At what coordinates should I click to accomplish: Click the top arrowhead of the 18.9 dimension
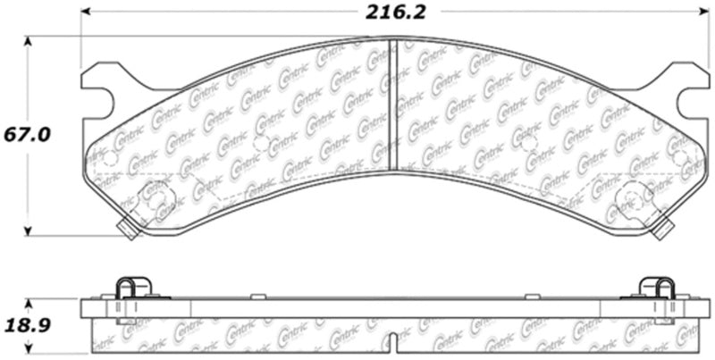[x=29, y=300]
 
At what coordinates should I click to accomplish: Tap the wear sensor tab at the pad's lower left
[x=127, y=229]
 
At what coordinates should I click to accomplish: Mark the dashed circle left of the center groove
[x=260, y=143]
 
